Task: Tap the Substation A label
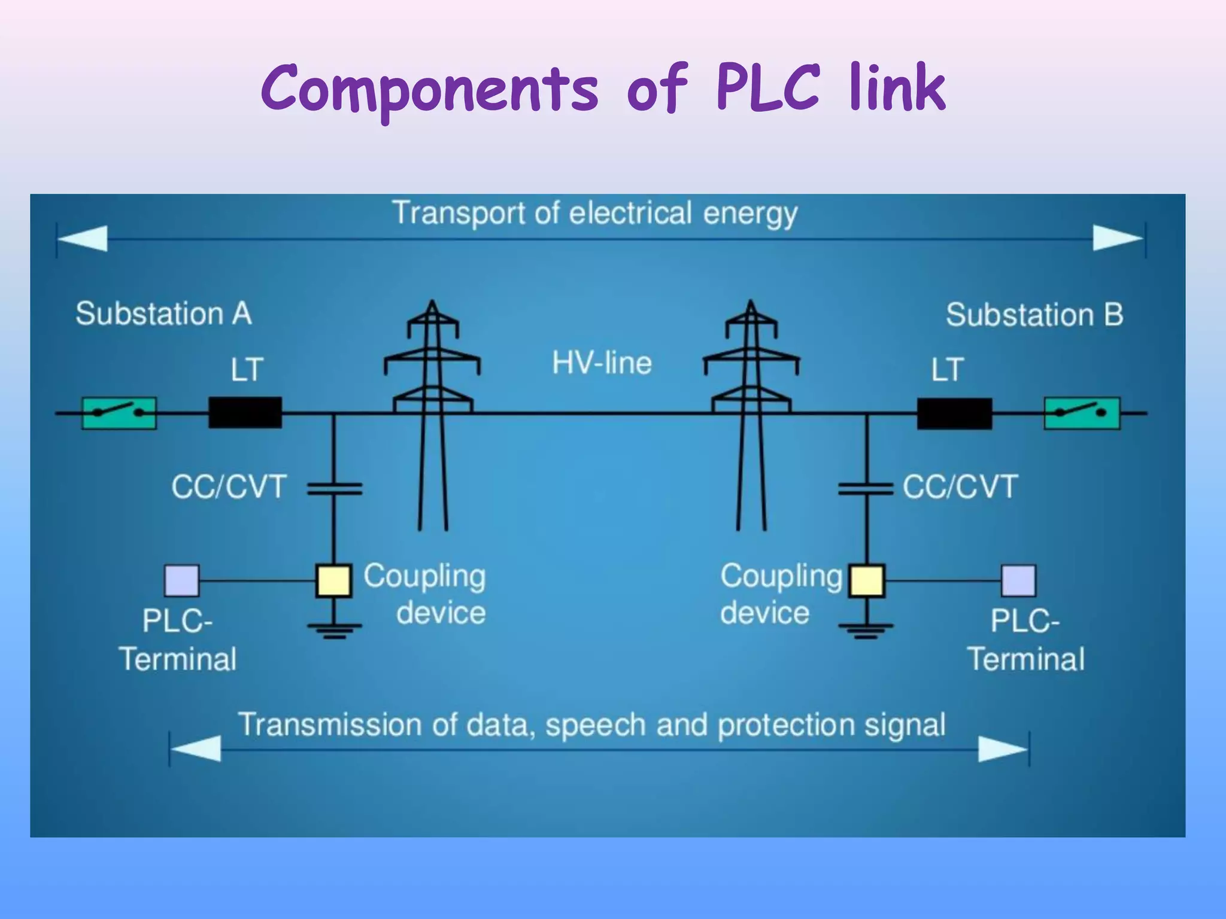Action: point(163,314)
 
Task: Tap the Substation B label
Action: point(1034,315)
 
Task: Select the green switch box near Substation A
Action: point(119,413)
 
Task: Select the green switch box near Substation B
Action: point(1082,413)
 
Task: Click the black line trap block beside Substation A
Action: point(245,412)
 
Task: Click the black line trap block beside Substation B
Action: point(954,413)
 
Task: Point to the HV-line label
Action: point(602,363)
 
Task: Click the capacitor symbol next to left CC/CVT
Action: point(334,489)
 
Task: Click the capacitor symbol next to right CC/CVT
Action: point(866,489)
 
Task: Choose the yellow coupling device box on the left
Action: point(333,580)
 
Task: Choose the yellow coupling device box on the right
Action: point(867,580)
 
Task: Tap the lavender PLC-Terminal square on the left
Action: point(182,580)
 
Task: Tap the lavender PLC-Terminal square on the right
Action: point(1018,580)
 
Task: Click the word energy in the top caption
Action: point(749,214)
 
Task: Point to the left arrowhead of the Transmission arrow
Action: point(196,748)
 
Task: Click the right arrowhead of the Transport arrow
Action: point(1117,238)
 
